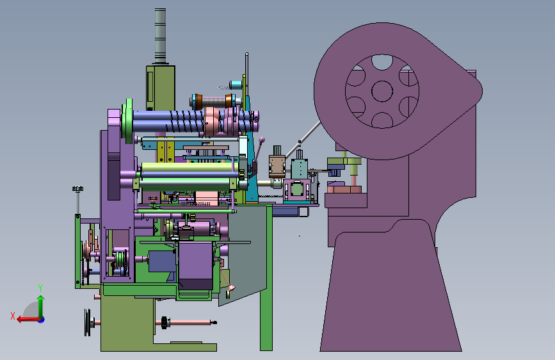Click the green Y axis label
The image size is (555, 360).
(40, 288)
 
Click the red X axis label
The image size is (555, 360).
(13, 316)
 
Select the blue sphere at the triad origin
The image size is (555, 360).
(42, 320)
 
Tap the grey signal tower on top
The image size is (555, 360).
(160, 36)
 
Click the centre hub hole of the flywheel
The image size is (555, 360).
(382, 91)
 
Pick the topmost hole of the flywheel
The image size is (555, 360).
(382, 62)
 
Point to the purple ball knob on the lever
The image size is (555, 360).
(262, 140)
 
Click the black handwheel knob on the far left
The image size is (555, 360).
(78, 189)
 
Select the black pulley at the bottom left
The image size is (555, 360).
(88, 322)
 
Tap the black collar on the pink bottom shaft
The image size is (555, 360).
(164, 322)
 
